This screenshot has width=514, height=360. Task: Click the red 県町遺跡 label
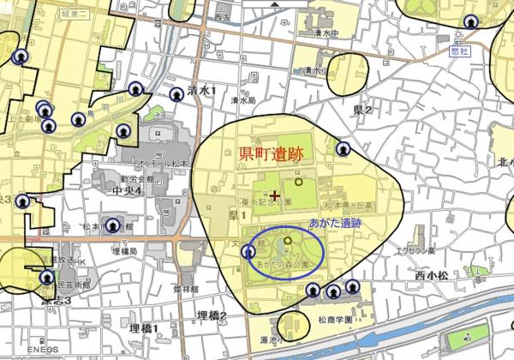[x=273, y=155]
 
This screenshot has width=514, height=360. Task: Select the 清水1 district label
[x=202, y=90]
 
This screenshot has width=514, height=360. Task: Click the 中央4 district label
[x=125, y=189]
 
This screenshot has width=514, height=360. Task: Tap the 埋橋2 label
[x=211, y=316]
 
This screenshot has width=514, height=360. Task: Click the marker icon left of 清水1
[x=176, y=94]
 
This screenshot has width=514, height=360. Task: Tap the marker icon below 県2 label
[x=344, y=149]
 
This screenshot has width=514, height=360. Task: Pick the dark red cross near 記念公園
[x=275, y=196]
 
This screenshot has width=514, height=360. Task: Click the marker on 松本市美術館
[x=46, y=278]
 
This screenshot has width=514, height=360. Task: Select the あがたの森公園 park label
[x=283, y=266]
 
